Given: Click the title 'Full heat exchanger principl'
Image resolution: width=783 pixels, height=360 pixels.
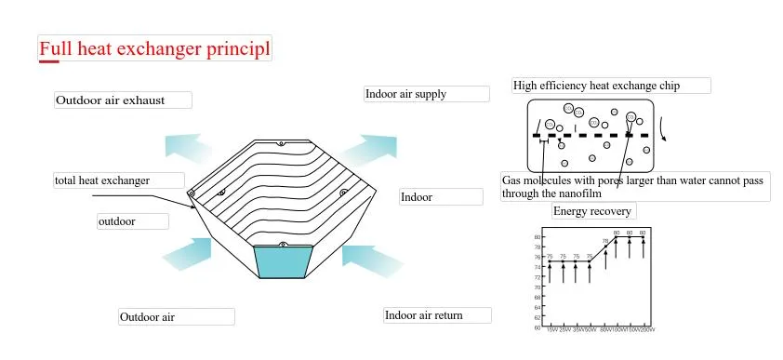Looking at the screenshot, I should tap(154, 47).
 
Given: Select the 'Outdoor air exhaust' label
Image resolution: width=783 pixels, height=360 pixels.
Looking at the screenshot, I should tap(111, 100).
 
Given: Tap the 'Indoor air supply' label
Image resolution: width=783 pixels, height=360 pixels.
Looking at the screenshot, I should tap(406, 94).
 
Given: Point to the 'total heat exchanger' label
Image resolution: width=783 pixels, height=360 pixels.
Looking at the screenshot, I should tap(102, 180).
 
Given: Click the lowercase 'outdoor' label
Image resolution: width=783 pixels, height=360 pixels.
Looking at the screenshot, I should tap(117, 221).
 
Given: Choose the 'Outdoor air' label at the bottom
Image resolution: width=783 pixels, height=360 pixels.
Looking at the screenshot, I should tap(148, 317).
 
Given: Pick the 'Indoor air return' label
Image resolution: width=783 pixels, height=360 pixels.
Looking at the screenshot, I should tap(424, 315).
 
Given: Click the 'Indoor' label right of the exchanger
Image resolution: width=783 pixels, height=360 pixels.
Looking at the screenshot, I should tap(417, 197).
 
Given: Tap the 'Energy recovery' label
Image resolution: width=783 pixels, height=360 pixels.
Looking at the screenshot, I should tap(592, 211).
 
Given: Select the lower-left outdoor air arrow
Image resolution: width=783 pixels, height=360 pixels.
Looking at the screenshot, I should tap(189, 251).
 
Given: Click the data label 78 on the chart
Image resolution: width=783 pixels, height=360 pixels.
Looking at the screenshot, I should tap(605, 241).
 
